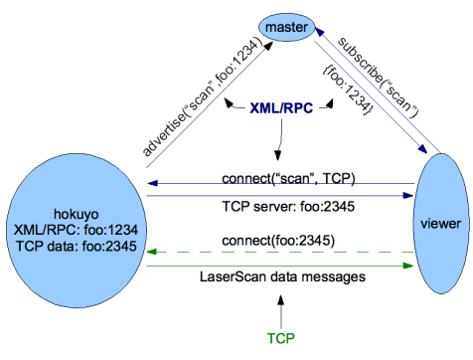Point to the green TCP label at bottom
tap(280, 338)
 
